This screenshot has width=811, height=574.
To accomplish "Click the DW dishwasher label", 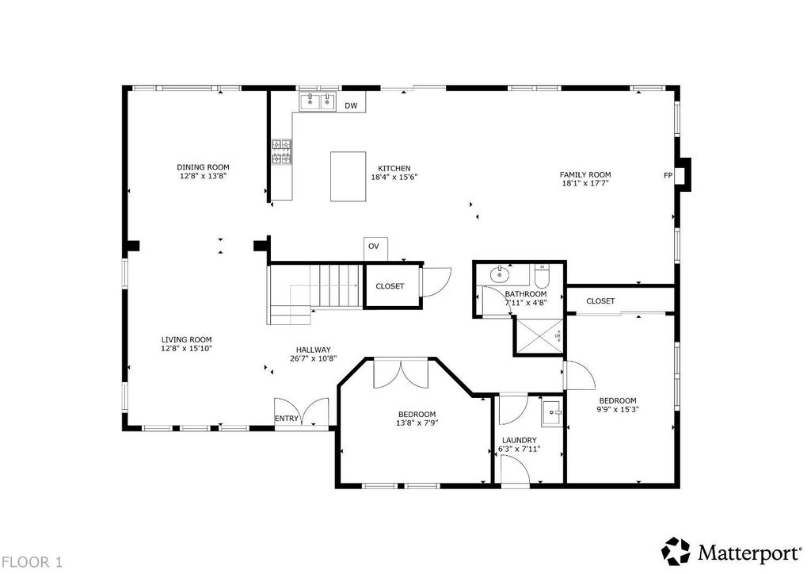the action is [351, 106].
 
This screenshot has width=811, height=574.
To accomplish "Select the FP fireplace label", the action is [668, 175].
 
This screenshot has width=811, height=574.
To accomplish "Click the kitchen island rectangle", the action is [348, 177].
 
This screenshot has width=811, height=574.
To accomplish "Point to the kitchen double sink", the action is [318, 101].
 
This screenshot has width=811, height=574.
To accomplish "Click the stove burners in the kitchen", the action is [282, 152].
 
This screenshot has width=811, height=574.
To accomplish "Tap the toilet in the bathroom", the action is [542, 277].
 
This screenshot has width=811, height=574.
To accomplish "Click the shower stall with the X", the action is [539, 336].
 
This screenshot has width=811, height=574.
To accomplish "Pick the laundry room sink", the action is [552, 413].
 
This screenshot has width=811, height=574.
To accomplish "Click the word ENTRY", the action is [287, 418].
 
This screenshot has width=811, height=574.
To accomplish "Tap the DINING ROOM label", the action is [203, 167].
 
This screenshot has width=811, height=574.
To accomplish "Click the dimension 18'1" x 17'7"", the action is [585, 182].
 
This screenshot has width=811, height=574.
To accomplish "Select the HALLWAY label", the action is [314, 350].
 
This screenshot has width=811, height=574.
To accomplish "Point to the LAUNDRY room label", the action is [520, 440].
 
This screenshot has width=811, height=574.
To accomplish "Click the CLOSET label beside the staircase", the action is [390, 286].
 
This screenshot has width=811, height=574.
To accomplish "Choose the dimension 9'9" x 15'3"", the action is [618, 409].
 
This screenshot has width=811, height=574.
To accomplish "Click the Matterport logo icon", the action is [676, 551].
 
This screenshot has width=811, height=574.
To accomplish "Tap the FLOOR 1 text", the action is [32, 562].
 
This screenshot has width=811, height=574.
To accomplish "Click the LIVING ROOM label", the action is [186, 339].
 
